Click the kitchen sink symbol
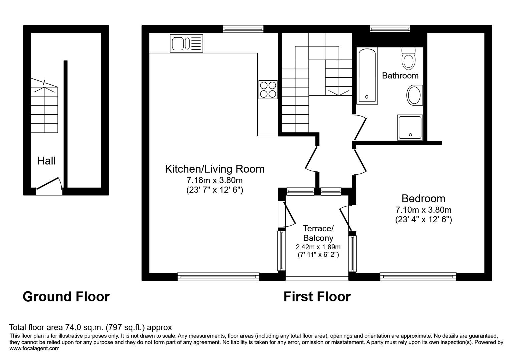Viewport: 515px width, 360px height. [x=186, y=44]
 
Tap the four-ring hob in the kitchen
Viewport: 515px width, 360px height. [x=268, y=90]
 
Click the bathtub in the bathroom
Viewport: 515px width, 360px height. [x=367, y=76]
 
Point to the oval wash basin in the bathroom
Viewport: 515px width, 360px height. [x=414, y=95]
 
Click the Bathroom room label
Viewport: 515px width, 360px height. [x=400, y=76]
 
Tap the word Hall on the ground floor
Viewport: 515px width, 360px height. [x=46, y=161]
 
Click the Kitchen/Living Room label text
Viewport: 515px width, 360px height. [x=214, y=169]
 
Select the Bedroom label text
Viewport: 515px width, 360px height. [x=423, y=199]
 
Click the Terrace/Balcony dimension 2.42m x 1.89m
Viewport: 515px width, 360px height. [x=318, y=247]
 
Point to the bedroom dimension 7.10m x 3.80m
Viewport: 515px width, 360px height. [x=423, y=210]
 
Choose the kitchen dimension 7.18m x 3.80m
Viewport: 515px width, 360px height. [x=214, y=181]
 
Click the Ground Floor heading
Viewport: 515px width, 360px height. [x=66, y=296]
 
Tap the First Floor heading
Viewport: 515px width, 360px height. [x=317, y=296]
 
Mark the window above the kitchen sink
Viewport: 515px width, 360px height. [x=243, y=29]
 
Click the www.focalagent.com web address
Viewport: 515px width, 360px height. [x=34, y=348]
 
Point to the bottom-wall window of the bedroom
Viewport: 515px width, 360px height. [x=418, y=276]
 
